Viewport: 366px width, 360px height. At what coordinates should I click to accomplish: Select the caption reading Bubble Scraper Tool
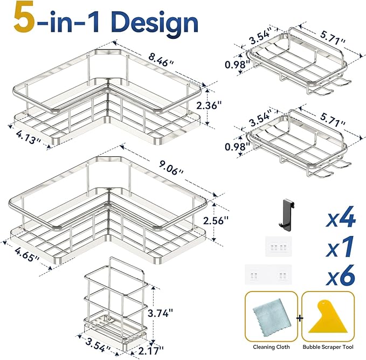pos(328,348)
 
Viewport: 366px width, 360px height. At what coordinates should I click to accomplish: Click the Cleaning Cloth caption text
pos(271,348)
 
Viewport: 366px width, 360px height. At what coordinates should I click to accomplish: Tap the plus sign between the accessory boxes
pos(300,318)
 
